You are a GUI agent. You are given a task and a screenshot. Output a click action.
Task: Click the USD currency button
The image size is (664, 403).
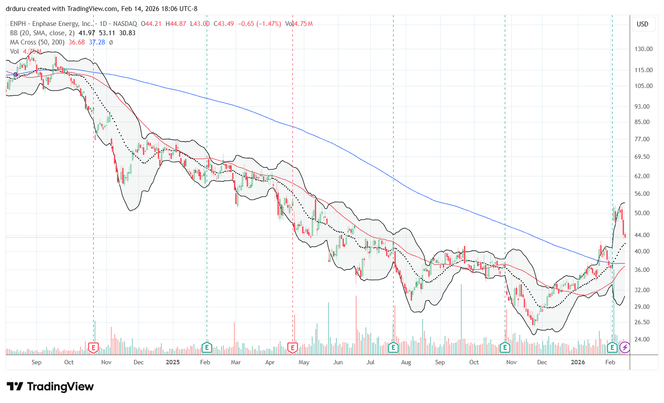[642, 24]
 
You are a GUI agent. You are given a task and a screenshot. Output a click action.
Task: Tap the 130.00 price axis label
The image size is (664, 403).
[643, 49]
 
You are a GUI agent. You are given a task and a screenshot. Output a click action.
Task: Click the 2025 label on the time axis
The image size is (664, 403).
[173, 362]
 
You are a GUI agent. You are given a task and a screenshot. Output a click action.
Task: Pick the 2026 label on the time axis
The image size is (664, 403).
[578, 362]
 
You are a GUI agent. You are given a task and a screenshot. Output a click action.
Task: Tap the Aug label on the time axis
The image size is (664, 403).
[406, 362]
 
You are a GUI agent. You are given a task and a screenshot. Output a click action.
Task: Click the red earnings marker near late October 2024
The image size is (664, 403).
[93, 348]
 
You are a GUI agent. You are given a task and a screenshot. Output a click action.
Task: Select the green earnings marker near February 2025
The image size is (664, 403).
[207, 348]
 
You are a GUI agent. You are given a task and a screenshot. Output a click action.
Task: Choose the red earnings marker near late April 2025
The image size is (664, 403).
[292, 348]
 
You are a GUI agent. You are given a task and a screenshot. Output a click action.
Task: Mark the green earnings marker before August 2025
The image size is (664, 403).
[393, 348]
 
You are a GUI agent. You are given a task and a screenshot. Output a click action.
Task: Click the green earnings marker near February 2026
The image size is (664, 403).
[612, 348]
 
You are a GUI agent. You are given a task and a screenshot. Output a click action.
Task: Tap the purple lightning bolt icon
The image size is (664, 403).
[625, 348]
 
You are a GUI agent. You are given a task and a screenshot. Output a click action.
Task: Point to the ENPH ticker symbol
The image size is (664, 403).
[18, 24]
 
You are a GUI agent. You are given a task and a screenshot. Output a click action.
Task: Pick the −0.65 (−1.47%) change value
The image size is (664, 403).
[259, 24]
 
